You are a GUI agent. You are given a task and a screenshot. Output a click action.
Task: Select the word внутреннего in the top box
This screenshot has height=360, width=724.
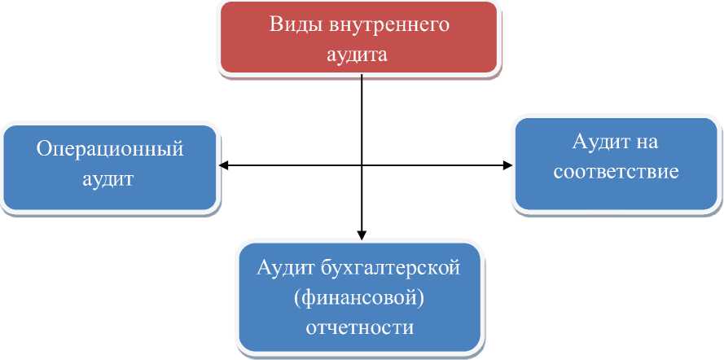(390, 24)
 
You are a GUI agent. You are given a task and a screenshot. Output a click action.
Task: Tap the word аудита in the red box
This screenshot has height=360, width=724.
(359, 55)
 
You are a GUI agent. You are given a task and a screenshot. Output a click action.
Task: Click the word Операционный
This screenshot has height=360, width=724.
(110, 150)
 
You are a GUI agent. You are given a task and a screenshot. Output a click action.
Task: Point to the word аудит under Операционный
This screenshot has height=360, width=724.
(108, 179)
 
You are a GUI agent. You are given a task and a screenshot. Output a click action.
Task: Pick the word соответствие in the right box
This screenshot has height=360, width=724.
(616, 173)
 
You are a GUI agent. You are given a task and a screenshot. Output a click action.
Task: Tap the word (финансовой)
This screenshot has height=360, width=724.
(360, 298)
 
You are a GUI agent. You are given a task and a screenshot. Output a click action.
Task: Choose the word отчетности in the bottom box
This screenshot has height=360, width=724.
(360, 328)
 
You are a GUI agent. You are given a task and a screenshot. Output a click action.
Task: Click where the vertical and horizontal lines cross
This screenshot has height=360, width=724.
(360, 165)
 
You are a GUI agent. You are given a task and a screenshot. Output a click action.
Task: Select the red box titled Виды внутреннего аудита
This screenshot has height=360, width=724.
(360, 37)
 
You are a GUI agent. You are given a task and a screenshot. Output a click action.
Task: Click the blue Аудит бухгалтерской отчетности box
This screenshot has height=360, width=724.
(360, 297)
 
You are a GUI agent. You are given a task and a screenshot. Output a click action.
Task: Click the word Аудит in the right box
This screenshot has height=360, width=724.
(599, 143)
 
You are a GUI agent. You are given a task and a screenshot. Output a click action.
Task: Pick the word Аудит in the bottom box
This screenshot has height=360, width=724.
(285, 267)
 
